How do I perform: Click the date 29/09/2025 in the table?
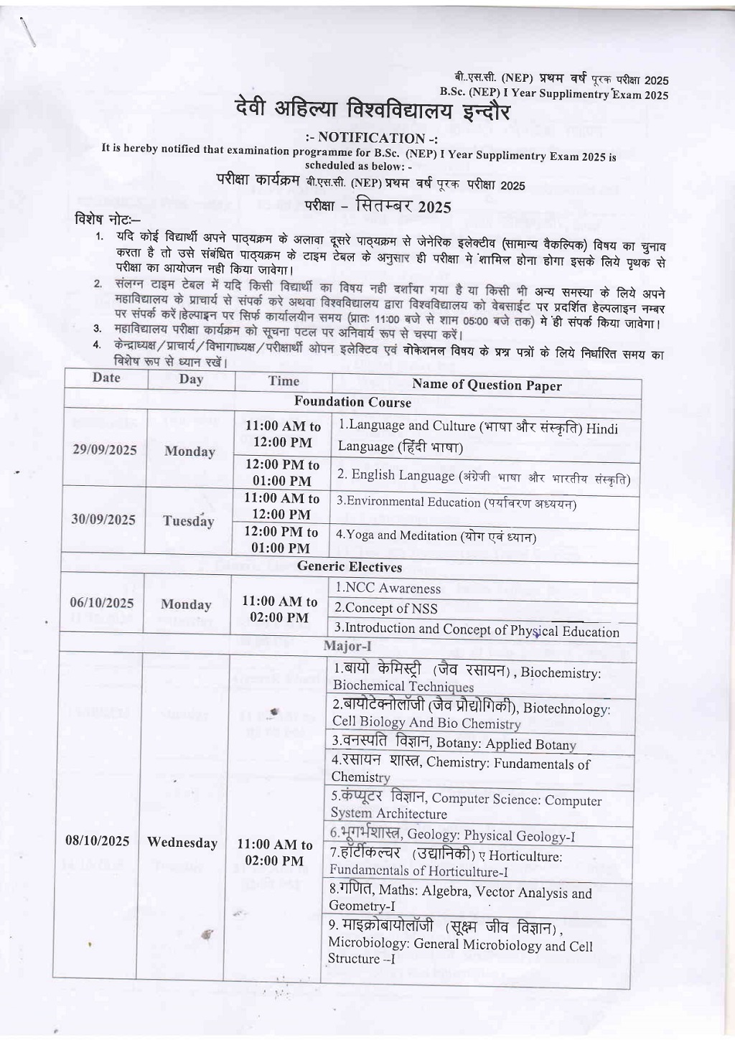click(x=105, y=450)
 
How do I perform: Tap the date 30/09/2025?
click(x=103, y=520)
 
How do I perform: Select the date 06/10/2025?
click(x=102, y=603)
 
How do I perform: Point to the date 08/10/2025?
click(x=97, y=840)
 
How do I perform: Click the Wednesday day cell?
click(x=182, y=843)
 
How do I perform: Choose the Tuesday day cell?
click(x=189, y=521)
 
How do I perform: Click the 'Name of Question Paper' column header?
click(x=487, y=385)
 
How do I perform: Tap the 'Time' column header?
click(x=284, y=381)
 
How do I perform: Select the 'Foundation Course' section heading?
click(x=352, y=403)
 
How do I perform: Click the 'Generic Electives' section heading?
click(x=350, y=567)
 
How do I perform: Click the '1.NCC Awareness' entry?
click(x=388, y=589)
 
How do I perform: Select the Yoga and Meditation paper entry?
click(x=436, y=536)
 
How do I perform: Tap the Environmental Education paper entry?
click(x=457, y=502)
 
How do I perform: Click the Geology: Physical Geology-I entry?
click(x=452, y=835)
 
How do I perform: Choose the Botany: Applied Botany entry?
click(x=454, y=744)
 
